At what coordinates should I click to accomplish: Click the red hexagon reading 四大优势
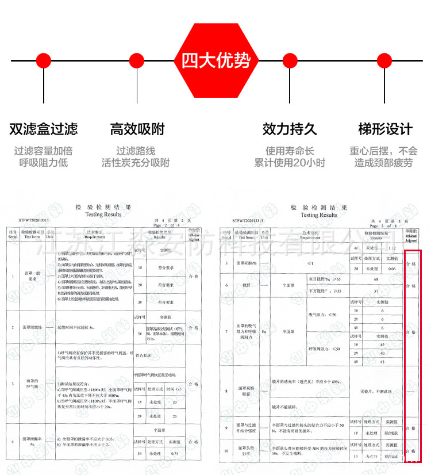click(x=215, y=60)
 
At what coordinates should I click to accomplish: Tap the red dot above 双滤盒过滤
click(x=44, y=60)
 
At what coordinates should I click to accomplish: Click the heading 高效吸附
click(x=137, y=129)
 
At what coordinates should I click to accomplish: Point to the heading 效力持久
click(x=290, y=129)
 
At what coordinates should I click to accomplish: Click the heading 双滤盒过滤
click(x=44, y=129)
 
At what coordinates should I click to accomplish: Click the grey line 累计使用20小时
click(x=290, y=163)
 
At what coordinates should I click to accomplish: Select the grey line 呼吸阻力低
click(x=44, y=163)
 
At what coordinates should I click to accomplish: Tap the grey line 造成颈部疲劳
click(x=383, y=163)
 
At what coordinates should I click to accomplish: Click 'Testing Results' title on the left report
click(x=103, y=214)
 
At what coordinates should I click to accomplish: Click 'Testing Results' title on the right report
click(x=320, y=214)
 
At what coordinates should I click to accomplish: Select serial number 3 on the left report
click(x=13, y=383)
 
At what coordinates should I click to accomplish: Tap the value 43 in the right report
click(x=382, y=362)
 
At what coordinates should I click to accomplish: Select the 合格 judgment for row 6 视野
click(x=410, y=285)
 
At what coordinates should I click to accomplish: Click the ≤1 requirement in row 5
click(x=310, y=263)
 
